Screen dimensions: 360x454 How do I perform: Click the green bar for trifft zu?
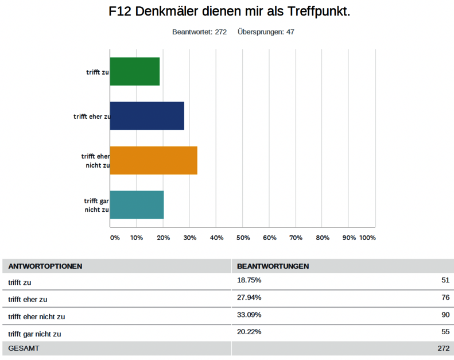[x=134, y=72]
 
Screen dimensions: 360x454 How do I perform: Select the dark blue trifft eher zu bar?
[x=146, y=116]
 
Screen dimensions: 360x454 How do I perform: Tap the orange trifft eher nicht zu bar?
[x=153, y=160]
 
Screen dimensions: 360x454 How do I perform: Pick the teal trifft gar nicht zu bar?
[x=137, y=204]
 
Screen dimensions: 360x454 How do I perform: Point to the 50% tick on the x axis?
[x=243, y=238]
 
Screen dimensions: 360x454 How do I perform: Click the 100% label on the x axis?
[x=367, y=238]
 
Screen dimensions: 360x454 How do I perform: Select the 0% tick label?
[x=115, y=238]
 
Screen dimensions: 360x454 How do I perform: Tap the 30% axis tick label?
[x=190, y=238]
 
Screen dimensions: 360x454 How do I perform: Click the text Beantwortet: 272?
[x=200, y=32]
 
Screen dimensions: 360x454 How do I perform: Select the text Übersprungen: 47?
[x=266, y=32]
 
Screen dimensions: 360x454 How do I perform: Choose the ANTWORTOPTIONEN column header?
[x=45, y=266]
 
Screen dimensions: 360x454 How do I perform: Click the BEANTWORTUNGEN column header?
[x=273, y=266]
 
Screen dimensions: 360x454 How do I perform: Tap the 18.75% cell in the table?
[x=249, y=281]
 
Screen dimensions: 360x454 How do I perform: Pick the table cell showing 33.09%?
[x=249, y=316]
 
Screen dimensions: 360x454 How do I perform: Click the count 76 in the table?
[x=444, y=299]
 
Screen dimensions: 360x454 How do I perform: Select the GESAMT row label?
[x=24, y=348]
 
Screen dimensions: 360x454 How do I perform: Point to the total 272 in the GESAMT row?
[x=442, y=348]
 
